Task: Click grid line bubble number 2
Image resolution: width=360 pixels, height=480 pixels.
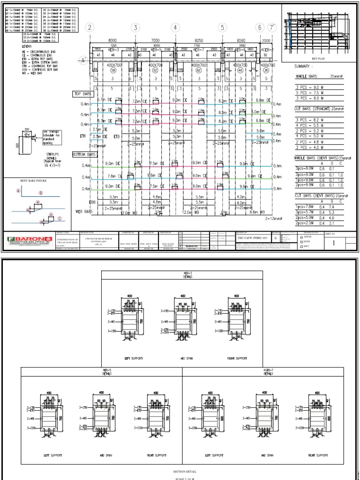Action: (x=90, y=28)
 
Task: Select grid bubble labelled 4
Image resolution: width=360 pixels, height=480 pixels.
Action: (x=175, y=28)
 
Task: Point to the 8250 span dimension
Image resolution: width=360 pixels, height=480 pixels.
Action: (x=199, y=41)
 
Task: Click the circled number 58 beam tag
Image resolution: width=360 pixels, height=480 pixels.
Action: (x=113, y=70)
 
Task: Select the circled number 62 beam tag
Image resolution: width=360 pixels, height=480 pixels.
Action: (x=199, y=70)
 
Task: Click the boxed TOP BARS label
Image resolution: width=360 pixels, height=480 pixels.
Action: (x=83, y=94)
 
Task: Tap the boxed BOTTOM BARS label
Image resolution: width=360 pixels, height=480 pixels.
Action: (x=85, y=154)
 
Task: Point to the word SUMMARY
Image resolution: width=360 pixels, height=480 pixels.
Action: (x=303, y=67)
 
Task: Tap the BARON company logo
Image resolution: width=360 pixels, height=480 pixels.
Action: (x=28, y=240)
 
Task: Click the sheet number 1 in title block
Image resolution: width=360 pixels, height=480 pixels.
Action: (x=334, y=243)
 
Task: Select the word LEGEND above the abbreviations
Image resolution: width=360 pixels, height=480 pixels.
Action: (x=12, y=46)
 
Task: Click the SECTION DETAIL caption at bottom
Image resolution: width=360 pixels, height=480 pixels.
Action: (x=180, y=472)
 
